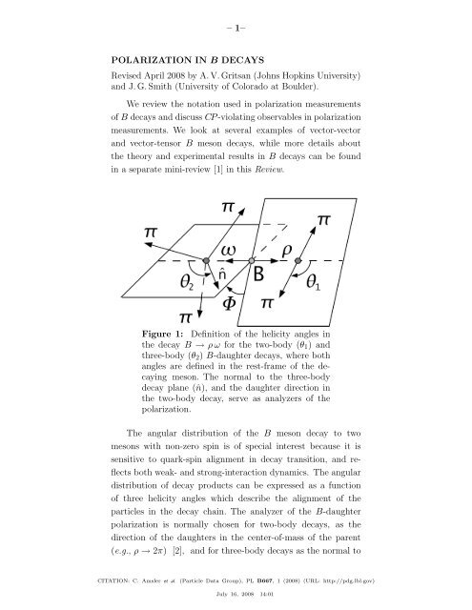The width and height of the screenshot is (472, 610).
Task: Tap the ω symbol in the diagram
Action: pyautogui.click(x=235, y=248)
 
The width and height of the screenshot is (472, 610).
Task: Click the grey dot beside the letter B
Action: pyautogui.click(x=252, y=259)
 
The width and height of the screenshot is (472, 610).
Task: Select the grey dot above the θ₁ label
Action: pyautogui.click(x=298, y=259)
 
